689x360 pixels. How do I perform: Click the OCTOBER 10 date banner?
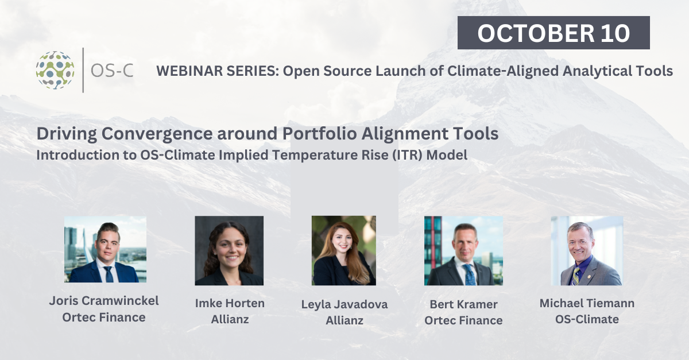tap(553, 33)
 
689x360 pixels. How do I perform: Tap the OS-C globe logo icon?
tap(55, 70)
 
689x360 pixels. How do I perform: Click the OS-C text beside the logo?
tap(112, 71)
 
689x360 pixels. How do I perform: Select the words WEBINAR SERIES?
tap(218, 71)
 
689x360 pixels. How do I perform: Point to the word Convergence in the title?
tap(157, 134)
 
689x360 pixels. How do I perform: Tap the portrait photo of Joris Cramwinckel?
tap(105, 249)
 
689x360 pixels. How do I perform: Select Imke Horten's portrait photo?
tap(229, 250)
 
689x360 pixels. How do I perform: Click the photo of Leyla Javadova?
tap(343, 250)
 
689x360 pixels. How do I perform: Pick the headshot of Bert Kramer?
tap(463, 250)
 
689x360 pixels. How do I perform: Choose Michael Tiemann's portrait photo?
tap(587, 250)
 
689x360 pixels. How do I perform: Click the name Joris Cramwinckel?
tap(104, 301)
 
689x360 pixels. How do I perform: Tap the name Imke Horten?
tap(230, 303)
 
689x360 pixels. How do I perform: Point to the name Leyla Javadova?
tap(344, 304)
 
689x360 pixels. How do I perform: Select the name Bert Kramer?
tap(463, 304)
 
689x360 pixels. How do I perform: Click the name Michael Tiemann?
tap(587, 303)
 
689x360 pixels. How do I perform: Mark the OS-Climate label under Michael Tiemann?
tap(587, 319)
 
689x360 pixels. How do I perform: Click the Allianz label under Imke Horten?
tap(230, 319)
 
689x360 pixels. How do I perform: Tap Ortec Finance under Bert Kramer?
tap(463, 320)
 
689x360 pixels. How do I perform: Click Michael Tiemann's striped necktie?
tap(575, 276)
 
